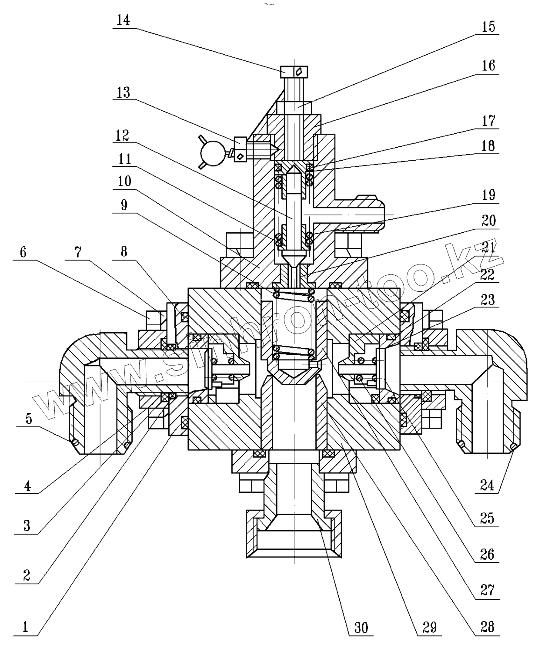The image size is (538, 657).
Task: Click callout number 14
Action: coord(124,20)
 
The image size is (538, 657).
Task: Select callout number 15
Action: coord(488,26)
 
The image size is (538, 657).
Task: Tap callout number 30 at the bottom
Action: coord(361,627)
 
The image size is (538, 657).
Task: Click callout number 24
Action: coord(487,485)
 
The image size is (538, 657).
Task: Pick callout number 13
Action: coord(124,92)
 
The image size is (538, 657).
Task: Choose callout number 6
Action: coord(23,252)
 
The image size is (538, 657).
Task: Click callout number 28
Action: coord(488,627)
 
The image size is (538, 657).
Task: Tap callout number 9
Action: coord(124,205)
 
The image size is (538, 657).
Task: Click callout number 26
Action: coord(488,554)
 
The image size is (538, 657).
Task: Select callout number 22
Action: coord(488,274)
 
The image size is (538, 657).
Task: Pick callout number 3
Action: coord(27,526)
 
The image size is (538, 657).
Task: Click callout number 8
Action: coord(124,252)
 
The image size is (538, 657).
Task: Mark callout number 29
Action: coord(429,627)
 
